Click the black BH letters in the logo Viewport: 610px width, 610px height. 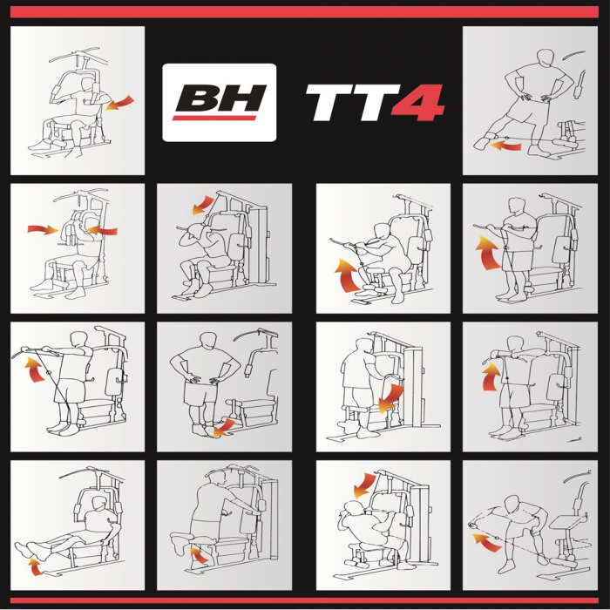pyautogui.click(x=220, y=98)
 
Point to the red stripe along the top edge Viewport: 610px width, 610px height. pyautogui.click(x=305, y=12)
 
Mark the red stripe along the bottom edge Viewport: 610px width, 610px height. pyautogui.click(x=305, y=600)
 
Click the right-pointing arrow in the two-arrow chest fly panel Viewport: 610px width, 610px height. pyautogui.click(x=40, y=230)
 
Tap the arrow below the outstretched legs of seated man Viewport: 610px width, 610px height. pyautogui.click(x=34, y=567)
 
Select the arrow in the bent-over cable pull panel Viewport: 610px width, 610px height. pyautogui.click(x=481, y=542)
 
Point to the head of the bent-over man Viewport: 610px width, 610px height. pyautogui.click(x=510, y=503)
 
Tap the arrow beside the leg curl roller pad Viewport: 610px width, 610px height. pyautogui.click(x=200, y=554)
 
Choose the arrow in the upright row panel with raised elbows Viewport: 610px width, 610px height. pyautogui.click(x=491, y=377)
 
